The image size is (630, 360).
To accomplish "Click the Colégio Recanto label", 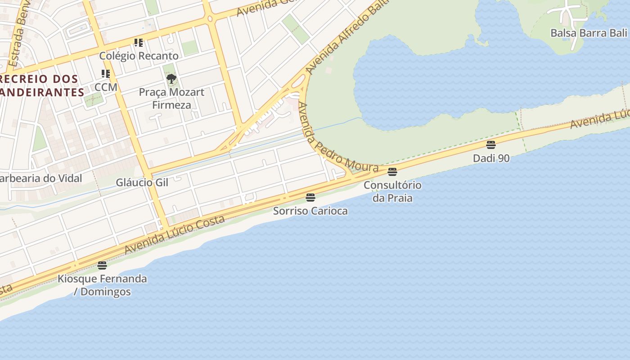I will point(139,56).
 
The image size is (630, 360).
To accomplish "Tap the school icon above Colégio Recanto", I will point(139,43).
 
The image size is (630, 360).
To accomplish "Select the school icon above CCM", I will point(106,74).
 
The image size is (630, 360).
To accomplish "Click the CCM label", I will point(106,87).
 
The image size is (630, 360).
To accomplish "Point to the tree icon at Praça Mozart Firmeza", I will point(171,79).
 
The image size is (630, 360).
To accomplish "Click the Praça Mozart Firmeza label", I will point(171,99).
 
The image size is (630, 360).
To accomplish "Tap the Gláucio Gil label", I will point(142,182).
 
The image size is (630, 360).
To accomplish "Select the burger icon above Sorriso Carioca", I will point(310,197).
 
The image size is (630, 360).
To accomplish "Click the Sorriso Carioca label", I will point(310,211).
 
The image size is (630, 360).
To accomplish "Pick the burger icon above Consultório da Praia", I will point(392,171).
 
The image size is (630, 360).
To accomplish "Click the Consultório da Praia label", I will point(392,191).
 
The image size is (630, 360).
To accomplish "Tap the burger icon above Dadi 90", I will point(491,145).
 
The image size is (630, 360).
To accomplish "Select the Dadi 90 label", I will point(491,158).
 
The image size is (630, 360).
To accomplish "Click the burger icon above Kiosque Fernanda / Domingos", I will point(102,265).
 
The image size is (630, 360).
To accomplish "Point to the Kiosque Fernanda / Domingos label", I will point(102,285).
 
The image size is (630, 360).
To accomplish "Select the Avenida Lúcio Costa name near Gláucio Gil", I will point(175,234).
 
